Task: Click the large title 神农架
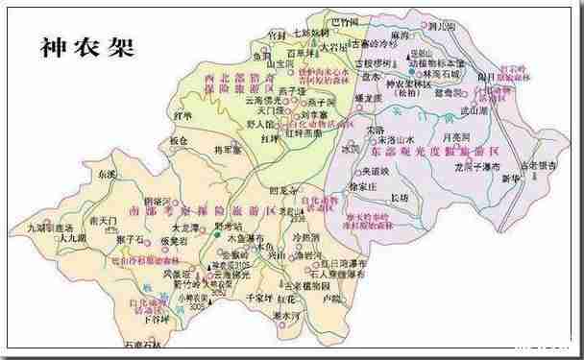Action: [85, 44]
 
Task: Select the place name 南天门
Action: [102, 221]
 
